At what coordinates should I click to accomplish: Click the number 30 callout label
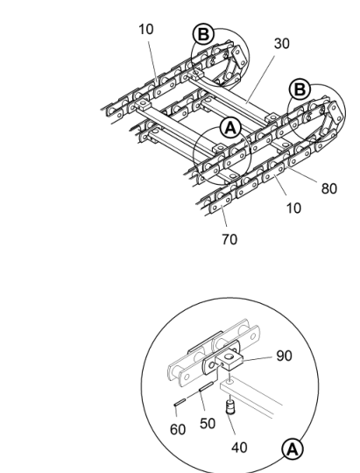click(x=281, y=44)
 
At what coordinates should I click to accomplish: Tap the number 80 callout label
click(x=329, y=188)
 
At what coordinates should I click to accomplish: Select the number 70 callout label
click(x=229, y=239)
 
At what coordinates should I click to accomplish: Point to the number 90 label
click(x=285, y=356)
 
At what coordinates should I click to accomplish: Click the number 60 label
click(x=178, y=429)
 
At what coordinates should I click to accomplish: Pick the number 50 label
click(x=208, y=424)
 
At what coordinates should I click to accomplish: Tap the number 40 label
click(x=239, y=448)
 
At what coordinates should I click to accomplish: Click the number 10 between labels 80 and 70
click(x=293, y=208)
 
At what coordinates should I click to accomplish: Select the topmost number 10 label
click(x=146, y=30)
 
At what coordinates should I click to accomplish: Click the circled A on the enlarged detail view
click(x=293, y=449)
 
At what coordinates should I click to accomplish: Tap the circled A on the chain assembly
click(x=231, y=129)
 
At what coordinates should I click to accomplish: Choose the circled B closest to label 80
click(x=300, y=89)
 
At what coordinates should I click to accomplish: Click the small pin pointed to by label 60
click(x=180, y=402)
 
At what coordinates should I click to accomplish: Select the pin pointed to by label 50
click(x=207, y=386)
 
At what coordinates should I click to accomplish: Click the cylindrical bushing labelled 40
click(x=230, y=406)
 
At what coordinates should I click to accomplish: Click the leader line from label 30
click(x=261, y=80)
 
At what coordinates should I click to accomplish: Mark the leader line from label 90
click(x=258, y=358)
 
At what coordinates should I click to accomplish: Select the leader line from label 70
click(x=224, y=215)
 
